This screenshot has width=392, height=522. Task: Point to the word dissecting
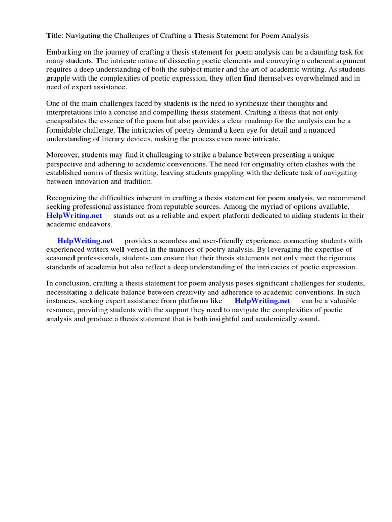pyautogui.click(x=170, y=61)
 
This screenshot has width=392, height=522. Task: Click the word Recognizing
pyautogui.click(x=68, y=198)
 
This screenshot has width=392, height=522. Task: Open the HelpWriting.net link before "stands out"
pyautogui.click(x=74, y=216)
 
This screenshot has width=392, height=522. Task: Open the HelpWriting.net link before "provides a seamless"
pyautogui.click(x=85, y=241)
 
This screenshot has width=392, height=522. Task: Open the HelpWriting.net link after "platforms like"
pyautogui.click(x=262, y=301)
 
